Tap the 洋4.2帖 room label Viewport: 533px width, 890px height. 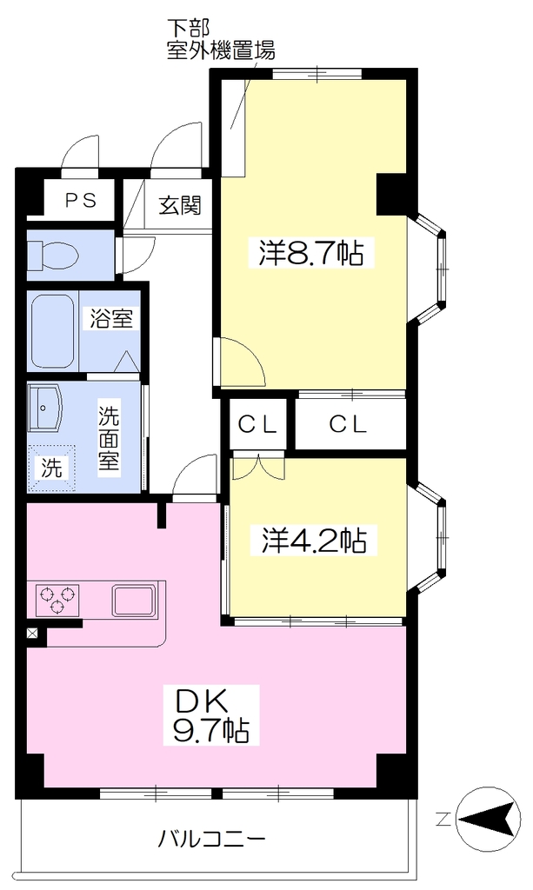point(314,540)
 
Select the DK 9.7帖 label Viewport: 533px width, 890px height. point(211,715)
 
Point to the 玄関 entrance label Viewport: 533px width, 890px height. point(180,205)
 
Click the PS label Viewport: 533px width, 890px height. point(81,200)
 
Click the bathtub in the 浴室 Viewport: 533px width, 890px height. point(53,331)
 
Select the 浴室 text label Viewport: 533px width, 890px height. point(111,318)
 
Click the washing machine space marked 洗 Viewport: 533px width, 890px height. point(52,468)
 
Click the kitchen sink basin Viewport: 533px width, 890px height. point(133,601)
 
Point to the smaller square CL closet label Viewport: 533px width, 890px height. point(257,424)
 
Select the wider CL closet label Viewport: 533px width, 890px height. point(349,424)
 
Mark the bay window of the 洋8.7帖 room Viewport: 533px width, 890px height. point(428,269)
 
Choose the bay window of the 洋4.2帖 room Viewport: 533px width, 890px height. point(428,536)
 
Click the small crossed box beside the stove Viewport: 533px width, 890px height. point(32,634)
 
